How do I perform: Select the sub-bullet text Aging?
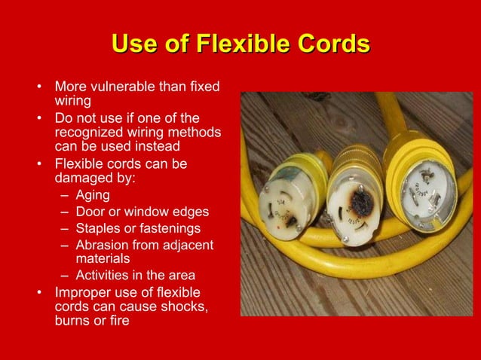click(x=93, y=196)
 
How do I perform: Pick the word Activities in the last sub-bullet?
click(x=103, y=274)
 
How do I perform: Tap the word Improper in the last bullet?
click(x=84, y=291)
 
